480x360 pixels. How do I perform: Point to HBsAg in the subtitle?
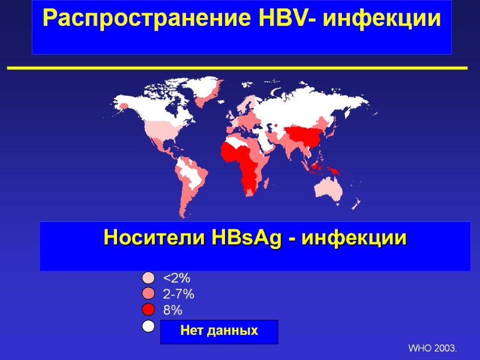point(245,238)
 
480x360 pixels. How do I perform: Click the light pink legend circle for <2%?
point(149,278)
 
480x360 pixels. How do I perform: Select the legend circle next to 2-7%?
point(149,294)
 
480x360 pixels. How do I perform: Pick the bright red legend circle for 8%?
point(149,310)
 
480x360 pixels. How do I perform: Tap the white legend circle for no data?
point(149,326)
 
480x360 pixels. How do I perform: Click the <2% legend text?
point(176,278)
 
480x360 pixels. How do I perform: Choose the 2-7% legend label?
point(178,295)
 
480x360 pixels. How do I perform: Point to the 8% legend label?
point(173,310)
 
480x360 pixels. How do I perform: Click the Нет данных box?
point(219,331)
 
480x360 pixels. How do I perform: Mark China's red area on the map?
point(306,135)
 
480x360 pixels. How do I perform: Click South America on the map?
point(191,177)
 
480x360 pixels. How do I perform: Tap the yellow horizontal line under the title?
point(237,68)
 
